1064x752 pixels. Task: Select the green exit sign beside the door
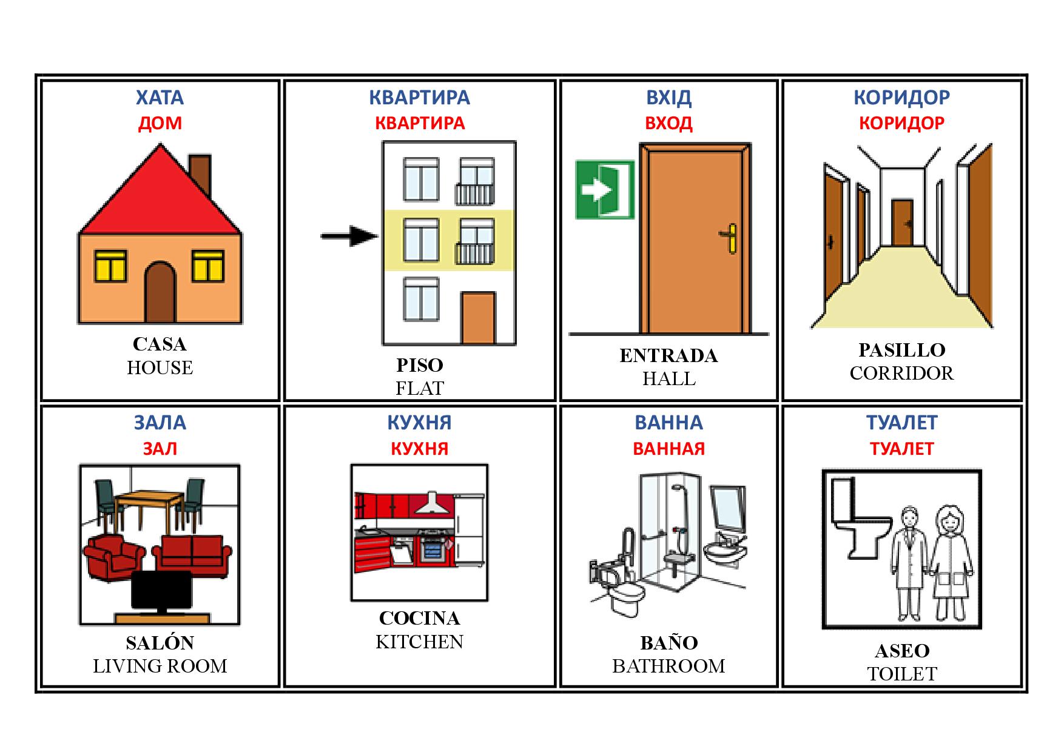pyautogui.click(x=604, y=189)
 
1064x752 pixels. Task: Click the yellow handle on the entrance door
pyautogui.click(x=731, y=237)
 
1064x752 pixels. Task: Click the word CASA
pyautogui.click(x=160, y=344)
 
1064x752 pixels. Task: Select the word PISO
pyautogui.click(x=419, y=365)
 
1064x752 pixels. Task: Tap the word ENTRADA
pyautogui.click(x=668, y=355)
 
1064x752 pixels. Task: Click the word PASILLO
pyautogui.click(x=901, y=350)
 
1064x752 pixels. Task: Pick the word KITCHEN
pyautogui.click(x=419, y=642)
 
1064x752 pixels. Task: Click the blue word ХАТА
pyautogui.click(x=160, y=97)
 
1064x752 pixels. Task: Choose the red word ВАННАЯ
pyautogui.click(x=668, y=449)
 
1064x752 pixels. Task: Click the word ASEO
pyautogui.click(x=901, y=651)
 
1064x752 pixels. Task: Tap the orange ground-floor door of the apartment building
pyautogui.click(x=477, y=318)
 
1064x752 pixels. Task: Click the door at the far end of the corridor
pyautogui.click(x=902, y=223)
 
